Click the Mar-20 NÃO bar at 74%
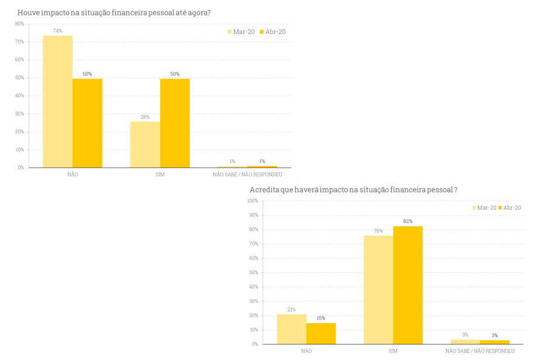pos(57,102)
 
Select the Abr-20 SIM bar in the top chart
pos(175,123)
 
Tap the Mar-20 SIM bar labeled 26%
pos(145,144)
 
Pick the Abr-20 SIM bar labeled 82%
pos(408,285)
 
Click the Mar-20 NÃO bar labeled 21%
pos(291,329)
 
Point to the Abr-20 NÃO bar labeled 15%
pos(321,333)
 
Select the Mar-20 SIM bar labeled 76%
pos(378,290)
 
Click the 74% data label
pos(57,31)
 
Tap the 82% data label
pos(408,221)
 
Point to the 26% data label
pos(145,117)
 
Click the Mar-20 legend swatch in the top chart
pos(230,32)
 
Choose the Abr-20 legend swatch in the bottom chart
pos(500,207)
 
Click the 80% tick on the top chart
pos(19,24)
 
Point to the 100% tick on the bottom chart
pos(253,201)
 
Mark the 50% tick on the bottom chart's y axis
pos(254,272)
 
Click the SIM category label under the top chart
pos(160,175)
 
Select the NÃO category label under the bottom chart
pos(306,351)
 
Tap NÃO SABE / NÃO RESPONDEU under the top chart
pos(247,175)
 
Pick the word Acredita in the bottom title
pos(263,190)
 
